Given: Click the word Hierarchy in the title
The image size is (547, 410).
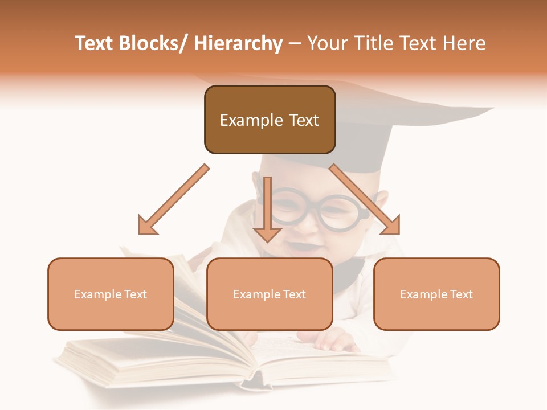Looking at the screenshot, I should point(238,44).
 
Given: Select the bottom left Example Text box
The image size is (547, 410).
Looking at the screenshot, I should point(111,313).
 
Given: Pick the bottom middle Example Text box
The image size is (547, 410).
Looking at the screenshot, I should point(270,313).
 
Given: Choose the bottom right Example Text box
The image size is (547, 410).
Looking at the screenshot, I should point(436,313).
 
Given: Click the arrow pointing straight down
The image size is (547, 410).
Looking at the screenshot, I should point(267,211).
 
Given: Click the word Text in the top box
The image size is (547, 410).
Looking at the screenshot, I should point(300,120).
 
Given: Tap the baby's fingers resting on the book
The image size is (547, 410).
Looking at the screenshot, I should point(336,343).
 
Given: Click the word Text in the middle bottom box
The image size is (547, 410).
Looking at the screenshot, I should point(294,294).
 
